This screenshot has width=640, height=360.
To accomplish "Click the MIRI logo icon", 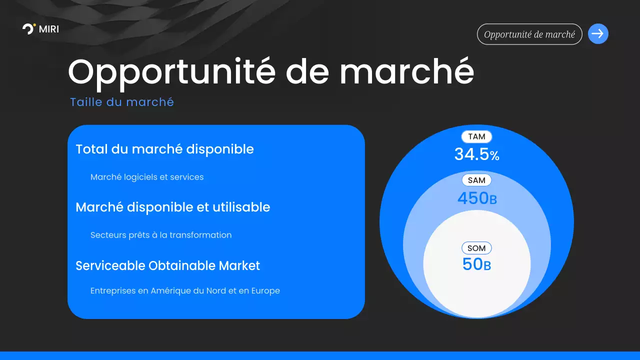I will click(29, 29).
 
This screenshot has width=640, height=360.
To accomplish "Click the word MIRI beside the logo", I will click(49, 29).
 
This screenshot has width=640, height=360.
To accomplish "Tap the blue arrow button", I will click(598, 34).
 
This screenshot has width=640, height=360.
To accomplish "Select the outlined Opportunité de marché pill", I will click(529, 34).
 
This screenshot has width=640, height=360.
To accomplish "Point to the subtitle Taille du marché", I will click(122, 102).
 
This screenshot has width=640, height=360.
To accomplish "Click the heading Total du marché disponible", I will click(164, 149).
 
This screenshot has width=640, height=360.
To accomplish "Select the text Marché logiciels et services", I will click(147, 177).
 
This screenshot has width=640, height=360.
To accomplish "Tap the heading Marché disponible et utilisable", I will click(172, 207).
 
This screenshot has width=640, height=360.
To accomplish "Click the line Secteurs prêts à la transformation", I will click(161, 235).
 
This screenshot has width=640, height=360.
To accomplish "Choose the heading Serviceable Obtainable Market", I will click(167, 265).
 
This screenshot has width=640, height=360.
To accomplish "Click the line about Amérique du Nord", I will click(185, 290).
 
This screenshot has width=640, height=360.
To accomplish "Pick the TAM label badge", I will click(476, 136).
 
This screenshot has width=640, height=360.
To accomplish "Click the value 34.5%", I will click(476, 154).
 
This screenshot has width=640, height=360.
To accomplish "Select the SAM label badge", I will click(476, 180).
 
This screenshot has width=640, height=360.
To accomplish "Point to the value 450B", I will click(476, 198).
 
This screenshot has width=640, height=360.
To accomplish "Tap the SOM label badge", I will click(476, 248).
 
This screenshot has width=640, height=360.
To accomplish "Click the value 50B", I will click(476, 264).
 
